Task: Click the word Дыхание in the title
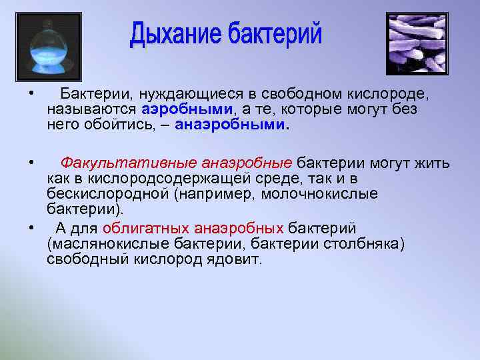[175, 35]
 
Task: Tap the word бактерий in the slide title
[275, 35]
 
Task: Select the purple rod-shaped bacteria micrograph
[417, 43]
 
